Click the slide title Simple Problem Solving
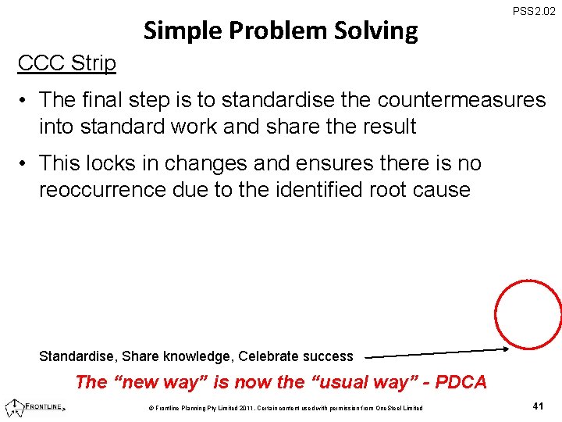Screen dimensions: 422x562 coord(281,30)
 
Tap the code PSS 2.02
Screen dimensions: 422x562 coord(535,12)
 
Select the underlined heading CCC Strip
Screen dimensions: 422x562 coord(67,63)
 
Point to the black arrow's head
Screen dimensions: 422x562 coord(505,349)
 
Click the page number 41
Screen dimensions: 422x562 coord(538,406)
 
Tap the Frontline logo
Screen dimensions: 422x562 coord(35,406)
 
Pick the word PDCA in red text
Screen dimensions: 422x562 coord(461,382)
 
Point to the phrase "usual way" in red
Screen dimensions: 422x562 coord(363,382)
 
